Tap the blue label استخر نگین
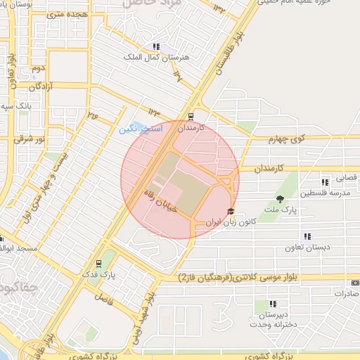click(140, 129)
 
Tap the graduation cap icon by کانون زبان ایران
click(230, 211)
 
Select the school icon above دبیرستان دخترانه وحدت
click(272, 304)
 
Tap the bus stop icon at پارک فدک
click(98, 265)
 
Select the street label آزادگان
click(43, 86)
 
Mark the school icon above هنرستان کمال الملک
click(155, 46)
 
